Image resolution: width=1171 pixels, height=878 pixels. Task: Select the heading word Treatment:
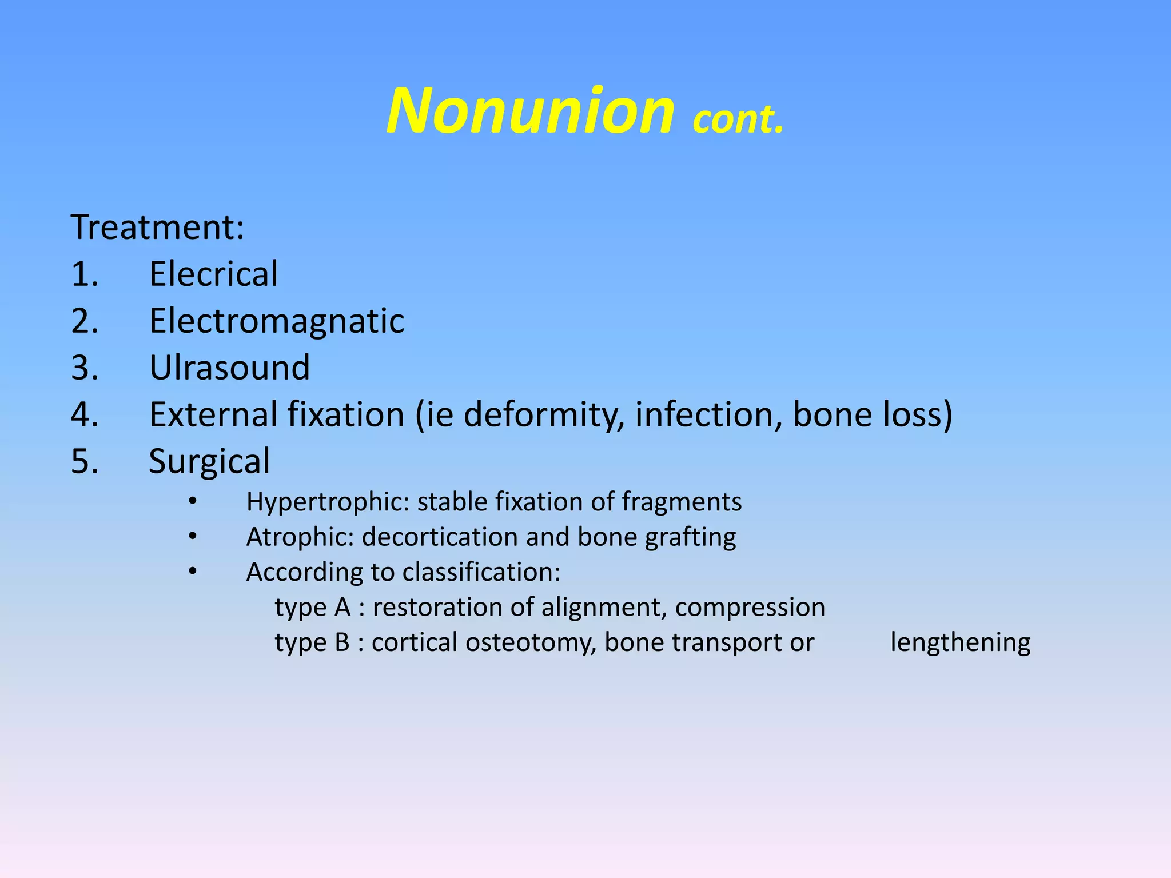tap(157, 227)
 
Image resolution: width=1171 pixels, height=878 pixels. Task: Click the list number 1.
tap(84, 274)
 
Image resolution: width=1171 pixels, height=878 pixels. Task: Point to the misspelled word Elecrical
tap(213, 274)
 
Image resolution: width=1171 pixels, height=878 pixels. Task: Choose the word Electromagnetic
tap(277, 321)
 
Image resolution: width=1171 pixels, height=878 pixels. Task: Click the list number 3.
tap(84, 368)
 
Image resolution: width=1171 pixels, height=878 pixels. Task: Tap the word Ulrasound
tap(229, 368)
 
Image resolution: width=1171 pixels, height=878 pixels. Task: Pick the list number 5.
tap(84, 461)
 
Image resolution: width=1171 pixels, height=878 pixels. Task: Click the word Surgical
tap(209, 462)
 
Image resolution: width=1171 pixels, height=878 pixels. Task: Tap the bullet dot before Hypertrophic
tap(193, 502)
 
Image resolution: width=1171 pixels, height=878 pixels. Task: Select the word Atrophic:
tap(300, 537)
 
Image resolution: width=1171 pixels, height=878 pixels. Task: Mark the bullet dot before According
tap(193, 572)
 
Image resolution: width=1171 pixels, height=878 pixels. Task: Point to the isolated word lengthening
tap(960, 643)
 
